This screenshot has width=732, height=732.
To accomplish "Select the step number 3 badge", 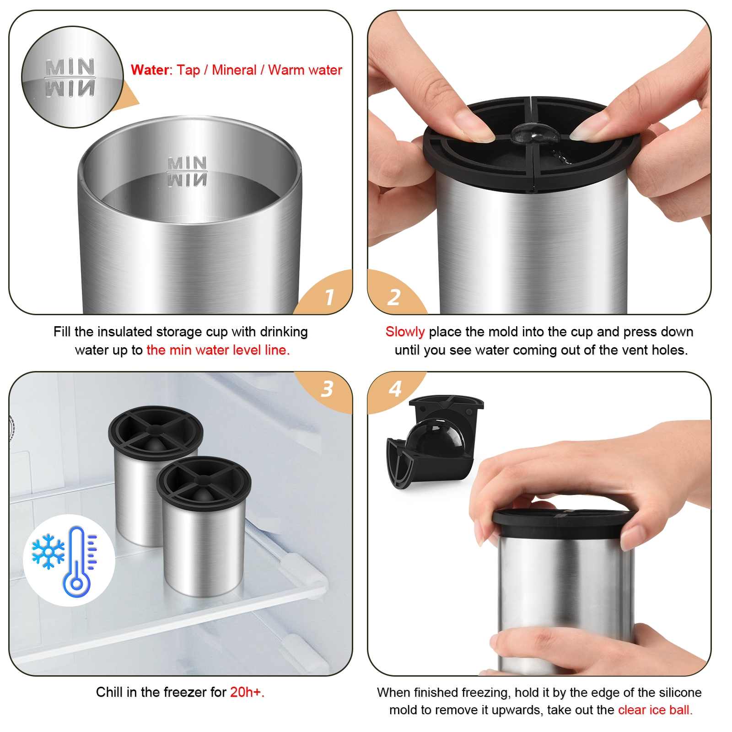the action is (327, 389).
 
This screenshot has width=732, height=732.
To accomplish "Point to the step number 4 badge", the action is (395, 389).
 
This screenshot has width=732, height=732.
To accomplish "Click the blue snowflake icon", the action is (48, 551).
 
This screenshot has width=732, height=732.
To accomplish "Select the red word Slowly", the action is (405, 332).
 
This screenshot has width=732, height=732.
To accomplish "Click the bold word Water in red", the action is (150, 70).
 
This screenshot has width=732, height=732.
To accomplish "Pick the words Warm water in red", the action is (305, 70).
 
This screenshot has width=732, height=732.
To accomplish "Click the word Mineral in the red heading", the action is (234, 70).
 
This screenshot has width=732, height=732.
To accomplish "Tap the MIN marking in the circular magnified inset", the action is (70, 67).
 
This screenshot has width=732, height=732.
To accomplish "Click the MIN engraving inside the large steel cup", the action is (187, 163).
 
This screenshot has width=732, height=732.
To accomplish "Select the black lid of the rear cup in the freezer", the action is (156, 432).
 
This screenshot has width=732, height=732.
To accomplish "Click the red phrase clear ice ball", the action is (655, 710).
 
